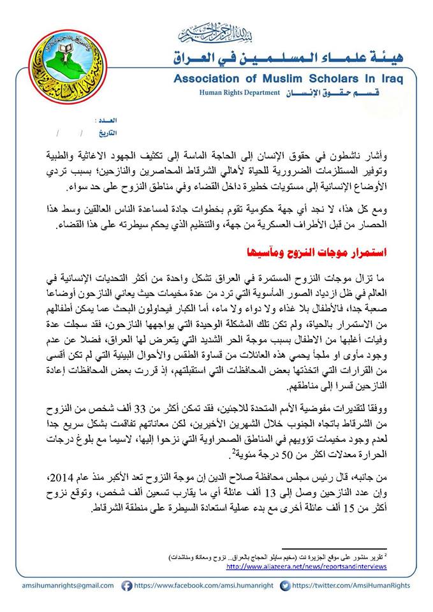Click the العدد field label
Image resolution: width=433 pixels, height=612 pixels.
[x=105, y=120]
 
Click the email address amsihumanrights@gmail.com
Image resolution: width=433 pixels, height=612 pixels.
[x=61, y=586]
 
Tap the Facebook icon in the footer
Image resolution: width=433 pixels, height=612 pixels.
[x=126, y=586]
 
